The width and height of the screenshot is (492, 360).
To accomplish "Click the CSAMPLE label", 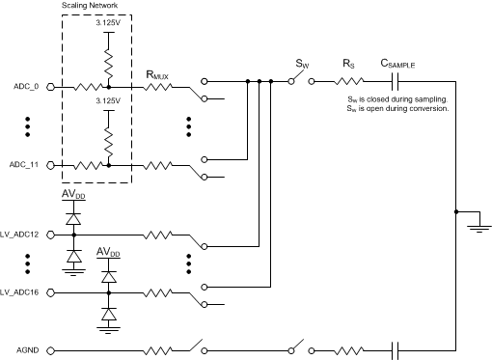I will click(398, 66).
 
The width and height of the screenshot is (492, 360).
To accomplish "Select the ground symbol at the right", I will click(474, 225).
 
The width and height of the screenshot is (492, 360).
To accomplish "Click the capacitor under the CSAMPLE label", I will click(396, 86).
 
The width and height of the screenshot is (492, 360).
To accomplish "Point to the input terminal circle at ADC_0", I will click(51, 86).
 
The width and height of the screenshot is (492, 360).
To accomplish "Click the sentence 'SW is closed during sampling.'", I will click(396, 99).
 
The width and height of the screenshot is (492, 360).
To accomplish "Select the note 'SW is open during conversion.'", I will click(397, 109).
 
